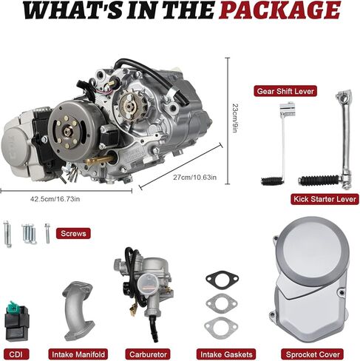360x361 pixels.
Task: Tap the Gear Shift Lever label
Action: [285, 91]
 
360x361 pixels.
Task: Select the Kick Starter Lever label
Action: [322, 199]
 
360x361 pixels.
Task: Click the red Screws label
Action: [74, 234]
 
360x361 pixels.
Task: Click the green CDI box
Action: [20, 315]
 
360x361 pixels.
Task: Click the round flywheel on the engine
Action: [74, 129]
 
